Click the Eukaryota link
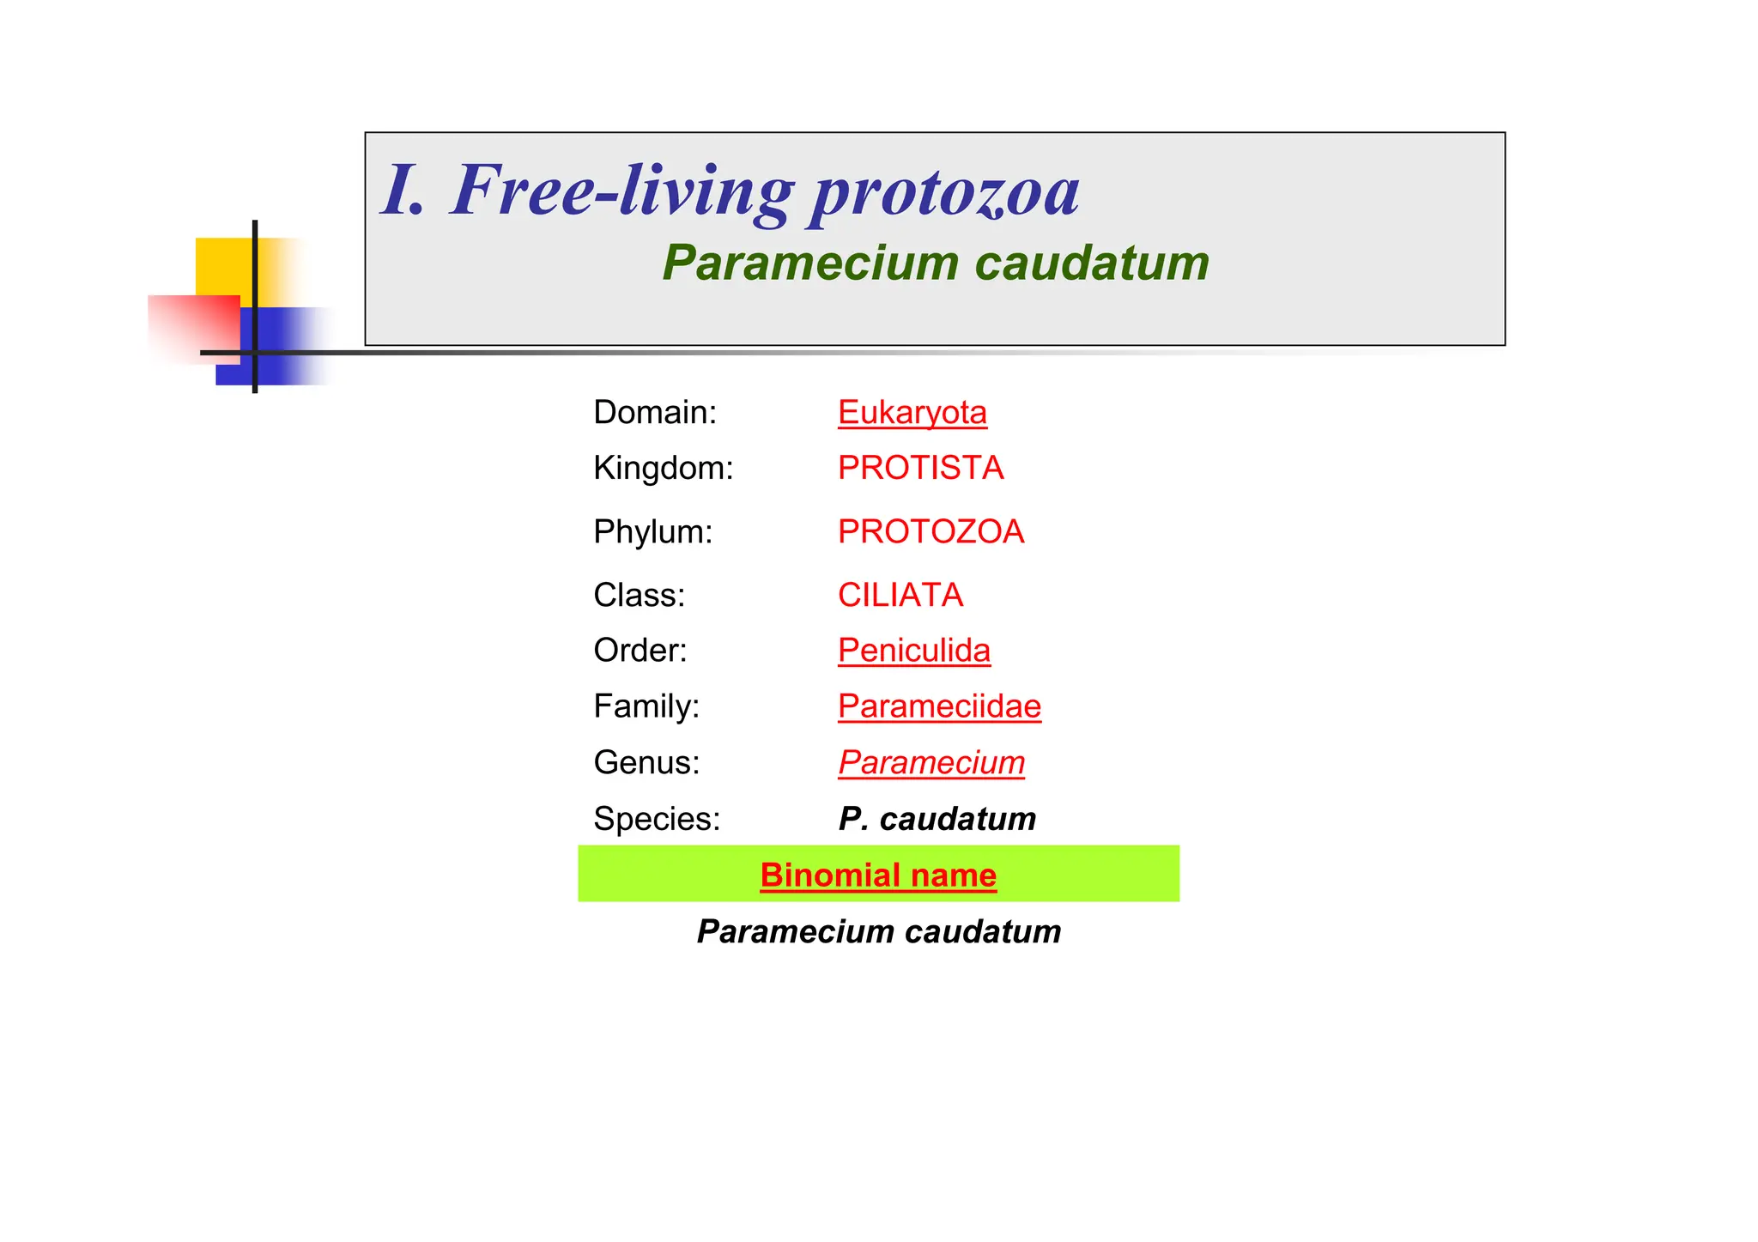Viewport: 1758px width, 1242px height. [x=912, y=413]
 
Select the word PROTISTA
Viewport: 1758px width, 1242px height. [x=920, y=469]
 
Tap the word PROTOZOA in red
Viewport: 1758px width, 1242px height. [x=931, y=532]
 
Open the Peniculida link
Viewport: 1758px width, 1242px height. [x=913, y=651]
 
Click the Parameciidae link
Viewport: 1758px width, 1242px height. [x=939, y=706]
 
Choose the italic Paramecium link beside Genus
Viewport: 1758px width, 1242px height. [x=931, y=762]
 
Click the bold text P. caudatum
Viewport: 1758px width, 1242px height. [x=937, y=819]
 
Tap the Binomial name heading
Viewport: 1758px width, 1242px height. [x=878, y=875]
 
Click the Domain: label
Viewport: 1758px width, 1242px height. [x=655, y=413]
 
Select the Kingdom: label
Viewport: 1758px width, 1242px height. [x=664, y=469]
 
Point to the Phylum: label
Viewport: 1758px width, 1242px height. [x=653, y=532]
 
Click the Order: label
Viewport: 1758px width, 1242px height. [x=640, y=651]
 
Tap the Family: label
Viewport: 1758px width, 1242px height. [x=646, y=706]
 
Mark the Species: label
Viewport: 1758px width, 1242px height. [x=657, y=819]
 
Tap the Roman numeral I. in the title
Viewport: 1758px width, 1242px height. [x=403, y=191]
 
